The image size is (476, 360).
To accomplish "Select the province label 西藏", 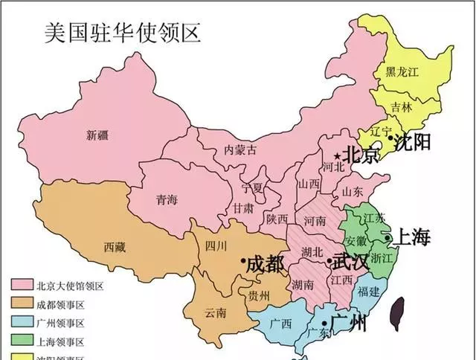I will (115, 245).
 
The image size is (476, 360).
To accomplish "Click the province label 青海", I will (166, 199).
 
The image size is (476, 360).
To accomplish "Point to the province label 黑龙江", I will (402, 72).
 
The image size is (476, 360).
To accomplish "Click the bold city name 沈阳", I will (414, 141).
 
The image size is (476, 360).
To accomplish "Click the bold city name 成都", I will (266, 263).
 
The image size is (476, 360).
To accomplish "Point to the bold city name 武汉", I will (350, 262).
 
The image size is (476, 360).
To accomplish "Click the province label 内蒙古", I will (240, 150).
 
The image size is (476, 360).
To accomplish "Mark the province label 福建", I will (368, 292).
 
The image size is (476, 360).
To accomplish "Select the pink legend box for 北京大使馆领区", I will (22, 286).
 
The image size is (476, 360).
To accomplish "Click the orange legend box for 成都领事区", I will (22, 304).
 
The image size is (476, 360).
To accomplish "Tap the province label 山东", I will (353, 191).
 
